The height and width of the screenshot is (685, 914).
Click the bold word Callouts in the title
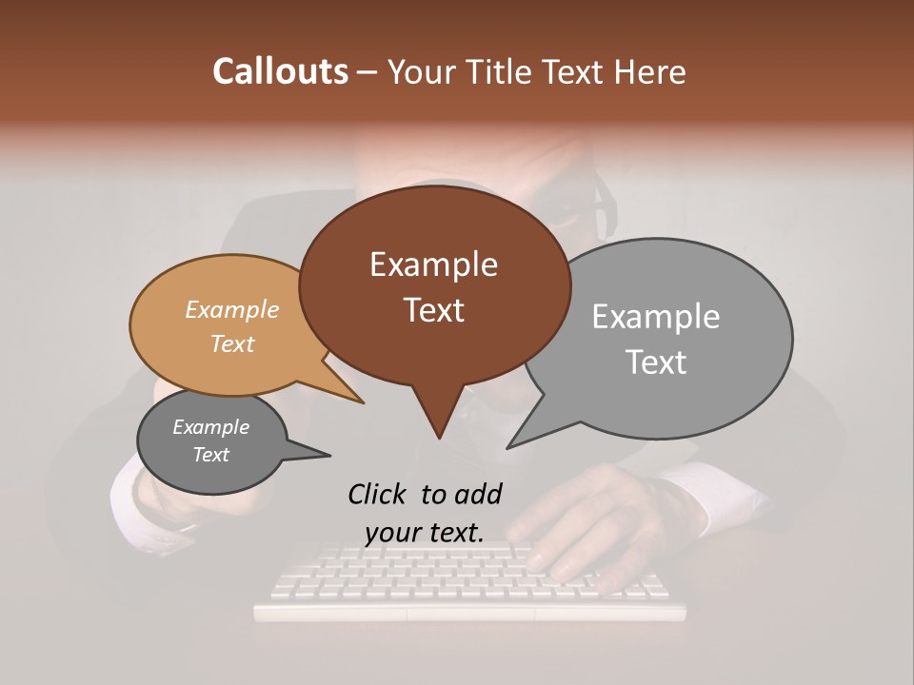coord(280,71)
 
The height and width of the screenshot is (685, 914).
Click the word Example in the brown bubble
coord(433,264)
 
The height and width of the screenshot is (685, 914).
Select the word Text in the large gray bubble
coord(656,362)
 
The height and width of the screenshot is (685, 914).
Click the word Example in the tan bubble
coord(231,310)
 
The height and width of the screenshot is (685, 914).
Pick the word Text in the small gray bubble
coord(210,455)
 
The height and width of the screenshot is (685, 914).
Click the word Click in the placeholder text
coord(380,494)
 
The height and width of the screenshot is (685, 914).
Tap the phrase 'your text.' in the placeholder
coord(424,533)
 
